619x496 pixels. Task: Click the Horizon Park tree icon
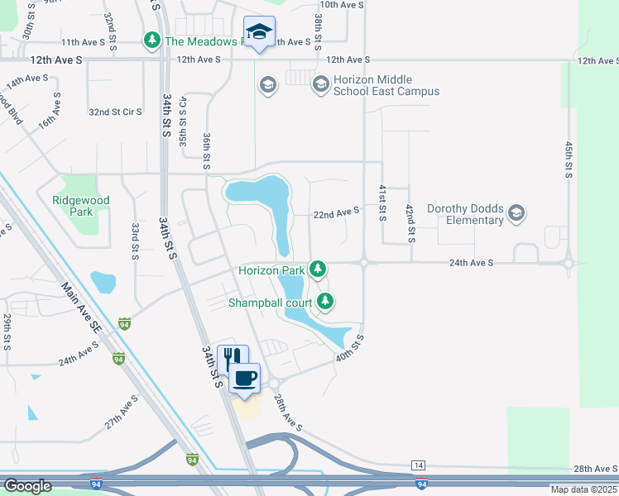318,269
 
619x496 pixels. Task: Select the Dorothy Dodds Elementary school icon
517,213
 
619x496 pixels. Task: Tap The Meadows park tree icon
152,40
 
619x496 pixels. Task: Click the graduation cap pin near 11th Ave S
260,32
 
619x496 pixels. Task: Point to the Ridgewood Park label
80,206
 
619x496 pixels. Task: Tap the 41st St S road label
382,203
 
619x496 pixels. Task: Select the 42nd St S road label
410,223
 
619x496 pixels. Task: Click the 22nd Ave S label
336,212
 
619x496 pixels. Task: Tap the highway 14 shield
417,465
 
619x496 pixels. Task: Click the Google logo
28,486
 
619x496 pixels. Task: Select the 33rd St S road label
135,240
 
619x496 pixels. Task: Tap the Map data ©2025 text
583,490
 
